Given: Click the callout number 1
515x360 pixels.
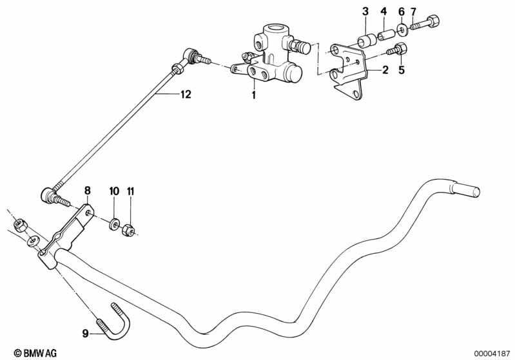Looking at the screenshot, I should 254,95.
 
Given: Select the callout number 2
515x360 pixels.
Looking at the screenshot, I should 385,70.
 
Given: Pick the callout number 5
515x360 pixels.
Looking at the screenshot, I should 401,70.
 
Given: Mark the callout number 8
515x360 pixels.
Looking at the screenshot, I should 88,191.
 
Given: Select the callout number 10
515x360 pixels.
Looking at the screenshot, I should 113,191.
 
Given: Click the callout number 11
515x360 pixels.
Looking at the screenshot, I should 131,191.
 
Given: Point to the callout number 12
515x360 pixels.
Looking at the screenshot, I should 185,95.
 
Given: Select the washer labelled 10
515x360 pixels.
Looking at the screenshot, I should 113,223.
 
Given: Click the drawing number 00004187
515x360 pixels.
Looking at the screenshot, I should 492,352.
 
